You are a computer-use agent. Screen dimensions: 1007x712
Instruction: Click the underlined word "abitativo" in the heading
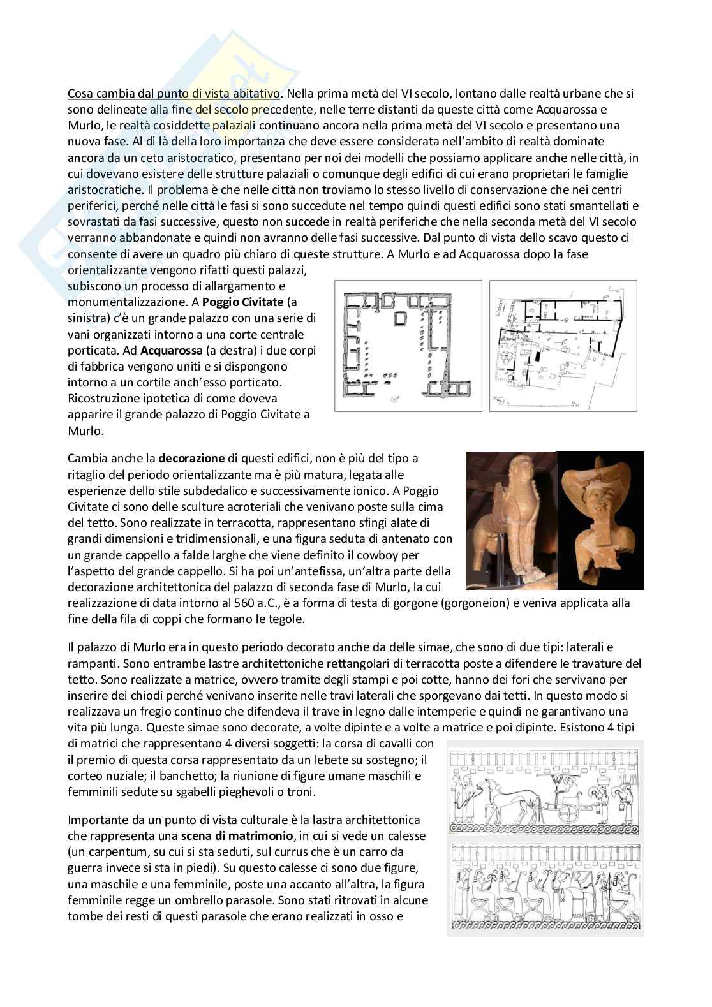tap(256, 94)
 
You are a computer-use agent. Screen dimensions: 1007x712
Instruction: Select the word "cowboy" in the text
tap(382, 555)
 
